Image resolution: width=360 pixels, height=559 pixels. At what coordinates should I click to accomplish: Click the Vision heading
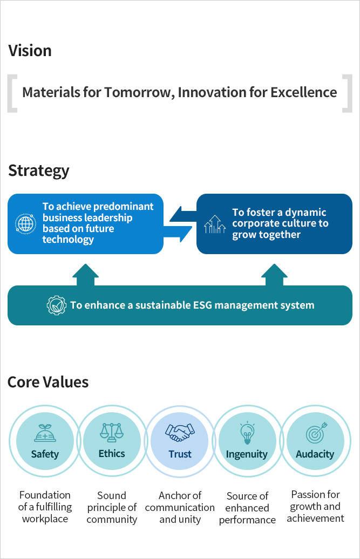point(30,51)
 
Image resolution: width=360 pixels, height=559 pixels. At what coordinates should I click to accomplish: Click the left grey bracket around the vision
point(11,93)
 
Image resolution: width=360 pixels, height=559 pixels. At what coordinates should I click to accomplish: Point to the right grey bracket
point(347,93)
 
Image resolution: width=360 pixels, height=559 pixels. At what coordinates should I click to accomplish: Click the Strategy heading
point(39,171)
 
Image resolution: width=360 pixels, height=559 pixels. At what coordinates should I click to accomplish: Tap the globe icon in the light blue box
point(25,223)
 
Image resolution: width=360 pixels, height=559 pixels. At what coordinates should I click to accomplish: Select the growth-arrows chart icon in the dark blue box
point(215,224)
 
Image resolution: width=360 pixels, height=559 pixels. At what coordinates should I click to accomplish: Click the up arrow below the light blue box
point(85,275)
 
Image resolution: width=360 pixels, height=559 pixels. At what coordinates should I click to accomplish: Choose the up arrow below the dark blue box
point(274,275)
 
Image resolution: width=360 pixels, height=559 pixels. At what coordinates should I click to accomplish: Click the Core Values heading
point(48,383)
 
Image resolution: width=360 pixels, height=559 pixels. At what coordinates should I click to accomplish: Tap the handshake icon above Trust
point(180,432)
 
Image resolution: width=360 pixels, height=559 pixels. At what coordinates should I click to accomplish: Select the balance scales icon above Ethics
point(112,432)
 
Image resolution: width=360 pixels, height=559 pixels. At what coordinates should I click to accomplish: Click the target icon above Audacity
point(315,433)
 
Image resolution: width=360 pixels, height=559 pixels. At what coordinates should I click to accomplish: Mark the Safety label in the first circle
point(45,454)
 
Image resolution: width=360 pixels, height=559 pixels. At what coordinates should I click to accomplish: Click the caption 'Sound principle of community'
point(112,507)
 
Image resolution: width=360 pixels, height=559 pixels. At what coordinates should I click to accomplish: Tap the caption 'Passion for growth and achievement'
point(315,506)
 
